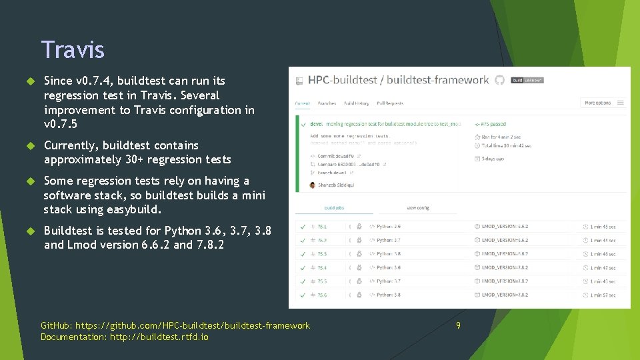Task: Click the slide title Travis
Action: coord(73,49)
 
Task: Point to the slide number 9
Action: coord(458,325)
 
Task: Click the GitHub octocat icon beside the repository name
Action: coord(499,80)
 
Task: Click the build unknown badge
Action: coord(527,80)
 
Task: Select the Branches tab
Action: coord(327,103)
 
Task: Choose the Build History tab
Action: coord(356,103)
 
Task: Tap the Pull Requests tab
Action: coord(390,103)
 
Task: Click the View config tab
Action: coord(418,208)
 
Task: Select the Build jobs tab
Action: coord(335,208)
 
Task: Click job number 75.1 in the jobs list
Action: coord(321,226)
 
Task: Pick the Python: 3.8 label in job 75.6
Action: coord(388,295)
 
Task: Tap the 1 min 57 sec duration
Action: coord(603,295)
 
